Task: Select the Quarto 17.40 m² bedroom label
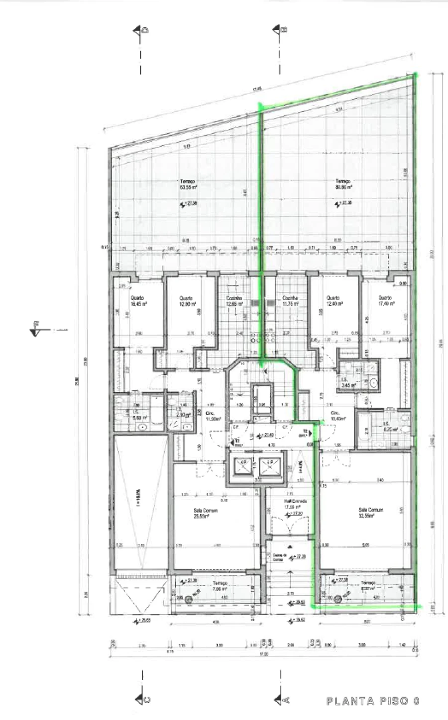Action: point(385,300)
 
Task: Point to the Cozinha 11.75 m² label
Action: point(290,301)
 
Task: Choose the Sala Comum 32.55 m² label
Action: point(371,513)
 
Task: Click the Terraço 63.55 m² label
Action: point(188,184)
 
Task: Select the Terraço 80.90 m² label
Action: point(343,184)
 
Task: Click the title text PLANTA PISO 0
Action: point(372,701)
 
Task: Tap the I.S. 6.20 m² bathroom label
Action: point(389,426)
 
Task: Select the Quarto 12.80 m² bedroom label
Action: point(186,301)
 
